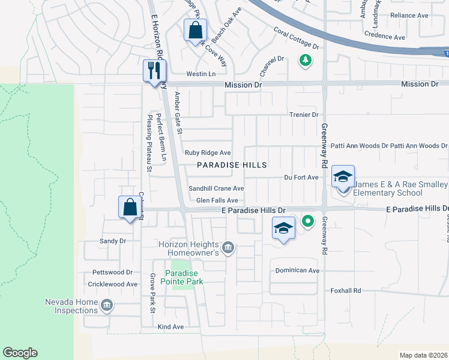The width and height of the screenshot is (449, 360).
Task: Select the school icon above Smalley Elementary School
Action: pos(343,176)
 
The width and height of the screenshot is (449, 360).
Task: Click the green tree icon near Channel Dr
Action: pos(306,60)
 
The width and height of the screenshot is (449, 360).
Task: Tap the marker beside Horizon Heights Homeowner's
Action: pos(228,247)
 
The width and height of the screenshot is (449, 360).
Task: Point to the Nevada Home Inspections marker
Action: pos(107,305)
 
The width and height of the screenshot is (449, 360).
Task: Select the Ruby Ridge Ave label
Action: pos(208,153)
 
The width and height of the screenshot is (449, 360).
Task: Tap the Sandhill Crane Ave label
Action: pos(216,188)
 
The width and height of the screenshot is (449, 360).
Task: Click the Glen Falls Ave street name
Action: pos(217,200)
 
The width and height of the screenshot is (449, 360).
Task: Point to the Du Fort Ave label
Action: pos(301,178)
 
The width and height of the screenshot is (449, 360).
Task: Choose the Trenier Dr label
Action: pos(303,115)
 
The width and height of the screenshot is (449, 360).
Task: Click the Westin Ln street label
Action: pos(200,74)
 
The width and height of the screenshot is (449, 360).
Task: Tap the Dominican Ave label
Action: pos(297,271)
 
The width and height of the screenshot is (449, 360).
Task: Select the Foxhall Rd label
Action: pos(345,290)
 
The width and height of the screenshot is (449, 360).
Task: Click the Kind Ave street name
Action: pos(170,327)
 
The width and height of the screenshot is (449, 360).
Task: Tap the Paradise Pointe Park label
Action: pos(185,277)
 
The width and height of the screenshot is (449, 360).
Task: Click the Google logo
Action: pos(20,353)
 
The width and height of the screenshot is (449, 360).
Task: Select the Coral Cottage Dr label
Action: pos(296,37)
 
